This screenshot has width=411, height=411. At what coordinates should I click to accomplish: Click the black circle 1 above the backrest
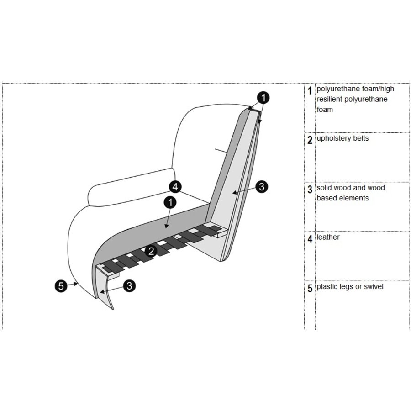tap(263, 97)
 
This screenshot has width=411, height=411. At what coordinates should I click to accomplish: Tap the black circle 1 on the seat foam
tap(170, 201)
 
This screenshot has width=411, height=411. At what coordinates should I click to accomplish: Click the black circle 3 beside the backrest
tap(261, 186)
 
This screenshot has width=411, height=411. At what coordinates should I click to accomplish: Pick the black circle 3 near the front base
tap(130, 286)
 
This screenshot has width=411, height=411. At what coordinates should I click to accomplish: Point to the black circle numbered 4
tap(175, 186)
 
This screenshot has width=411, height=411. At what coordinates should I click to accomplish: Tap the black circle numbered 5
tap(60, 286)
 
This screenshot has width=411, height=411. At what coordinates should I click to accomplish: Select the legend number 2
tap(310, 140)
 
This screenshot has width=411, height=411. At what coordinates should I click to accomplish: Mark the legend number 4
tap(310, 239)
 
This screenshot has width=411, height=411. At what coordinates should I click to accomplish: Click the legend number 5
tap(310, 289)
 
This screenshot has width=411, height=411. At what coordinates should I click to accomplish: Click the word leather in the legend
tap(328, 237)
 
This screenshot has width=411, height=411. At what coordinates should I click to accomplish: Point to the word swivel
tap(373, 287)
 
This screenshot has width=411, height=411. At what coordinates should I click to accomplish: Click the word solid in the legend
tap(324, 188)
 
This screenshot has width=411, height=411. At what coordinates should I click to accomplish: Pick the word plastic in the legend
tap(328, 287)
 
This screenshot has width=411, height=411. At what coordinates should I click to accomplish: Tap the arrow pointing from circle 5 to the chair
tap(73, 285)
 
